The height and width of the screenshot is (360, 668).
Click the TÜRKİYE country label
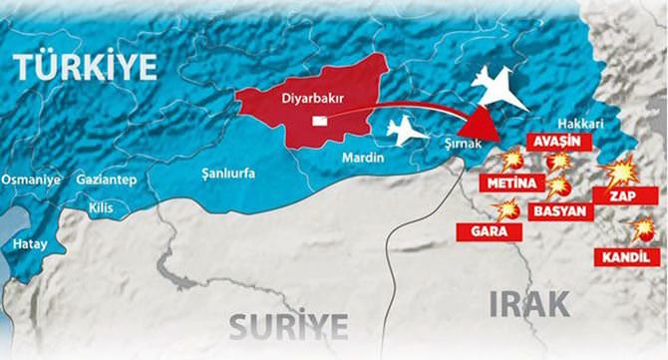coord(85,67)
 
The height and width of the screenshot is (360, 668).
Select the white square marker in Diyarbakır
coord(319,121)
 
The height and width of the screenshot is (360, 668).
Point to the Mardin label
coord(362,156)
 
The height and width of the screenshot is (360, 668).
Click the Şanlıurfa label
coord(227,173)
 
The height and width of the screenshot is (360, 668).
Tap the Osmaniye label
coord(31,179)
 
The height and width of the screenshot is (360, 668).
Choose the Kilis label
coord(101,208)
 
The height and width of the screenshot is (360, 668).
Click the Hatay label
coord(29,243)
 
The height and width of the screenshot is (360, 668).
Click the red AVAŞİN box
coord(557,141)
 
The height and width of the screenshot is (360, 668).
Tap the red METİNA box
coord(512,182)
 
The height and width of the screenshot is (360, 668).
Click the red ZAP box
coord(625,195)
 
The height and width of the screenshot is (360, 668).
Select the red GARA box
coord(490,231)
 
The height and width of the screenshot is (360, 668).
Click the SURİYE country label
coord(289,325)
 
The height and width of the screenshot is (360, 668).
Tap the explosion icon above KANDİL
coord(643,228)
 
